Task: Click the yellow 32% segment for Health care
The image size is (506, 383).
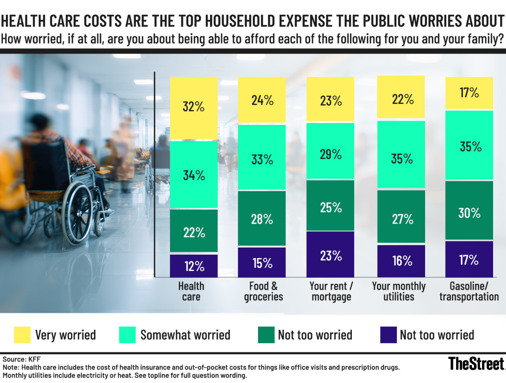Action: (194, 107)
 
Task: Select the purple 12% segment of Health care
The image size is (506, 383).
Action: (194, 266)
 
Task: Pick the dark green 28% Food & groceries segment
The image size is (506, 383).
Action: (262, 219)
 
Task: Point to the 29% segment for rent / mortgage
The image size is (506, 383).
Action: (330, 154)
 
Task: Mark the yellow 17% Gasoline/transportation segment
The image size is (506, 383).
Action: (469, 93)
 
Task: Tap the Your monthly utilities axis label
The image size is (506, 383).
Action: (399, 291)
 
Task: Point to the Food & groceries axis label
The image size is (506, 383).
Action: (263, 291)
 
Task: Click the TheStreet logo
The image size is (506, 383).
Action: (476, 363)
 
